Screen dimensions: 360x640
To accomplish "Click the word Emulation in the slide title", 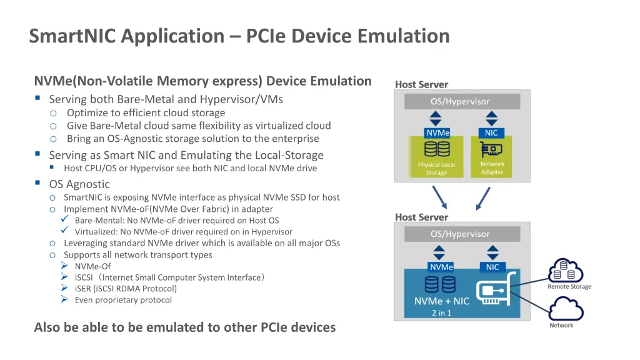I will (403, 36).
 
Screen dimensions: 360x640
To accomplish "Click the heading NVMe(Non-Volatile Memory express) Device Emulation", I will (202, 81).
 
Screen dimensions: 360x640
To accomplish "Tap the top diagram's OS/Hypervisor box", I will (460, 101).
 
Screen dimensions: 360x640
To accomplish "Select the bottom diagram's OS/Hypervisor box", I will (460, 234).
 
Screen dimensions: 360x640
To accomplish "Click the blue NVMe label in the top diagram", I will (437, 132).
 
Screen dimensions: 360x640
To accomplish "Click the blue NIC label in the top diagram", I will (491, 132).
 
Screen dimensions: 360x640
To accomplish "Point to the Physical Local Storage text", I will (436, 169).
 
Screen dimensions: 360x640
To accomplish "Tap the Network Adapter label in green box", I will (492, 168).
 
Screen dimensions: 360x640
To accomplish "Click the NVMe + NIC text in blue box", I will (441, 301).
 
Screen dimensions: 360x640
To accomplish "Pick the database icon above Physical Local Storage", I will (437, 149).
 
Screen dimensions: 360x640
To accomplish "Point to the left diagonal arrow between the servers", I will (440, 198).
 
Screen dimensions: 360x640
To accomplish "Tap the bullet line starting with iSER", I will (126, 289).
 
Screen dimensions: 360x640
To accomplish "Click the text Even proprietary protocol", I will (123, 300).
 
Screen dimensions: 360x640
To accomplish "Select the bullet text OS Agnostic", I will (79, 184).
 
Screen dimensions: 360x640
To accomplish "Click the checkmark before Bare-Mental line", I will (64, 220).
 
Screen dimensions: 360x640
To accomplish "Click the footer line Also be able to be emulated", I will (184, 327).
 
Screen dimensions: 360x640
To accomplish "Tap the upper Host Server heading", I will (421, 84).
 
